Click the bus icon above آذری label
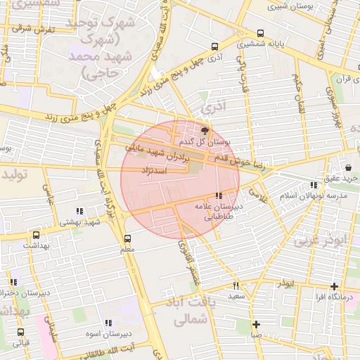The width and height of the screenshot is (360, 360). (x=214, y=46)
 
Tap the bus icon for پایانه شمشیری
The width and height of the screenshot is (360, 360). (x=261, y=33)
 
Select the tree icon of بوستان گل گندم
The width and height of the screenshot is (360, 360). (x=205, y=131)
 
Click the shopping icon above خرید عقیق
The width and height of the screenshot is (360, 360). (x=349, y=167)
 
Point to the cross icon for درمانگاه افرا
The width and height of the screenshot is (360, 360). (x=334, y=286)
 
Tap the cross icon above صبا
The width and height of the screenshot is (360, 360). (x=257, y=324)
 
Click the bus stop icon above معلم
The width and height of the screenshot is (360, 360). (x=127, y=238)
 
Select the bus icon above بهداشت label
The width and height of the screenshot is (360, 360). (x=36, y=235)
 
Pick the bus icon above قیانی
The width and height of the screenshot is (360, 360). (x=20, y=332)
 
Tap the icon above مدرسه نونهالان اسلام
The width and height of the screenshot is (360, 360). (x=313, y=185)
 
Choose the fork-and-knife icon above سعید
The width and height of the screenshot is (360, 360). (x=236, y=285)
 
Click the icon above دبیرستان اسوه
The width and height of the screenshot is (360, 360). (x=108, y=323)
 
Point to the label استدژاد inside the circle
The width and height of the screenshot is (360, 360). (x=153, y=171)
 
